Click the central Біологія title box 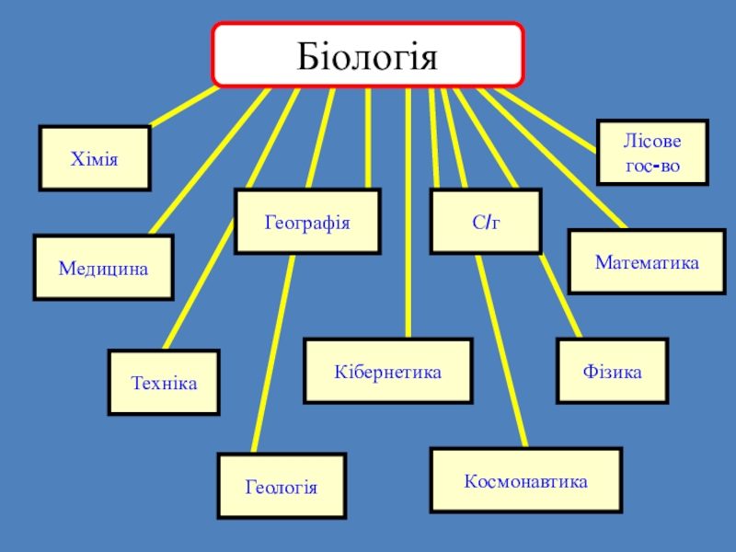(368, 55)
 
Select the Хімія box (94, 158)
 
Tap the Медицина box (103, 268)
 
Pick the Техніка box (164, 382)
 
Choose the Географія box (307, 222)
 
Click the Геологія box (281, 486)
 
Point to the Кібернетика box (387, 372)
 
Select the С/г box (487, 222)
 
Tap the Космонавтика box (525, 479)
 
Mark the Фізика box (612, 372)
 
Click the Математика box (646, 262)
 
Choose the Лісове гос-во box (652, 152)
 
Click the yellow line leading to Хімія (184, 107)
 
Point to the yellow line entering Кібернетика (406, 212)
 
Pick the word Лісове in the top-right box (652, 141)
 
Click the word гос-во (652, 166)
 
